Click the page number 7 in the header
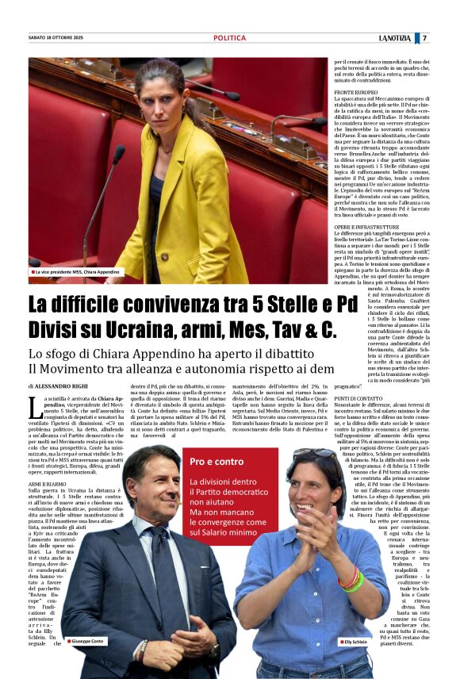[x=424, y=38]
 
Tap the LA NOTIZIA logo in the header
[x=395, y=38]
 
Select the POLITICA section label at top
[x=229, y=38]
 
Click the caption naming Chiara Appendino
[x=75, y=272]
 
